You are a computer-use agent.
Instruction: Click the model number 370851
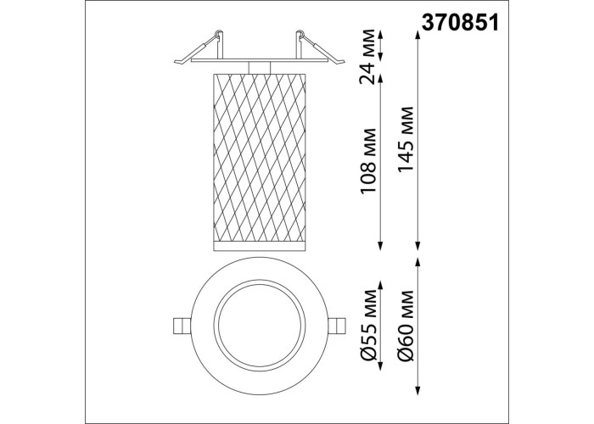[x=461, y=24]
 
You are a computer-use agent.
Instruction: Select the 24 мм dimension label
[x=367, y=57]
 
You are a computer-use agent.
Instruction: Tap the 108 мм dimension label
[x=367, y=162]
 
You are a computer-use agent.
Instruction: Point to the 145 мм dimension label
[x=406, y=140]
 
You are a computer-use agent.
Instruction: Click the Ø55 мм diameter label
[x=368, y=325]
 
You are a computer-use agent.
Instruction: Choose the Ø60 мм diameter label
[x=406, y=325]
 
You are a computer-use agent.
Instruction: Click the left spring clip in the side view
[x=199, y=47]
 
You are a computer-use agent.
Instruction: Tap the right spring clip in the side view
[x=319, y=47]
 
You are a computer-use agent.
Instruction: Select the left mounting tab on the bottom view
[x=182, y=326]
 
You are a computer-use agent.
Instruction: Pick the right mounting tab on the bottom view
[x=337, y=326]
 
